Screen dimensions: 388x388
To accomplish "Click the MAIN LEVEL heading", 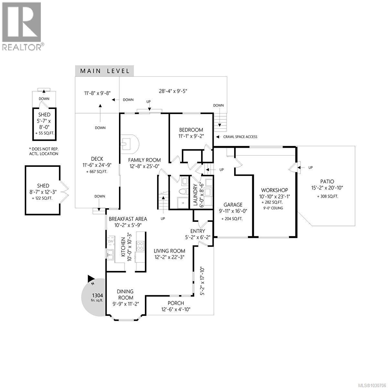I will point(105,71).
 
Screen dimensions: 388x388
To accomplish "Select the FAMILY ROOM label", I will point(144,160).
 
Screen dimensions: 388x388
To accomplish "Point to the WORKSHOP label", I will point(275,190).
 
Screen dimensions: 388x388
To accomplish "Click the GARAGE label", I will point(232,205).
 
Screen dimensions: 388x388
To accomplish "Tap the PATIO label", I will point(327,182).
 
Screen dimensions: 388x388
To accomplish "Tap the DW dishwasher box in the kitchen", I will point(111,241).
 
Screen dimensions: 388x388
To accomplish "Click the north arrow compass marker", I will point(91,278).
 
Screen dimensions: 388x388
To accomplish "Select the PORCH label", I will point(176,303).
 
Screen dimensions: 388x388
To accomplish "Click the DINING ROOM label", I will point(125,295).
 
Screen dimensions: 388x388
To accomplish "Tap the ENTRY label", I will point(198,231).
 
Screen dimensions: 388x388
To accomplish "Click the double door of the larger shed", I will point(64,190).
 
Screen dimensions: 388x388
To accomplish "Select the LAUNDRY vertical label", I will point(195,195).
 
